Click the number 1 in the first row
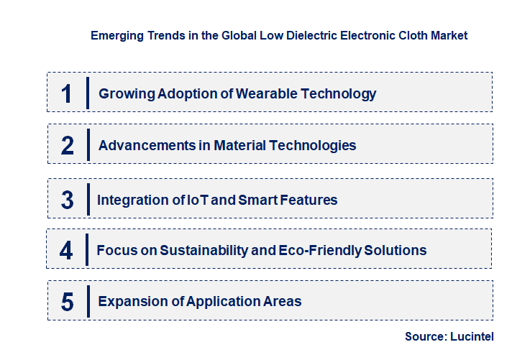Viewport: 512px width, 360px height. pos(67,93)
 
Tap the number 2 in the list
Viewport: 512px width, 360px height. pos(68,146)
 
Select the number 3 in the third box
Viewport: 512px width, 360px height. pos(68,200)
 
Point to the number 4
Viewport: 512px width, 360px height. pos(66,251)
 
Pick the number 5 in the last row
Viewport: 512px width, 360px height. pos(67,302)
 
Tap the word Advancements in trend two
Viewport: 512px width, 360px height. pos(145,145)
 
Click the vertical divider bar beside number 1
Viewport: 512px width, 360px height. pos(87,93)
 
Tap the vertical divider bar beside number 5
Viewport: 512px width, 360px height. pos(87,300)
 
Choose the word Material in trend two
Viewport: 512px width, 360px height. pos(241,145)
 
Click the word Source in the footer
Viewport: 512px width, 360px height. pos(425,336)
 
